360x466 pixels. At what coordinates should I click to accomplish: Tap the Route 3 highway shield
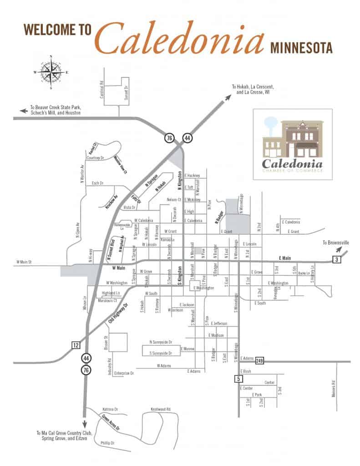coord(336,260)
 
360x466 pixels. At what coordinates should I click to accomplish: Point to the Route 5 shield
coord(238,378)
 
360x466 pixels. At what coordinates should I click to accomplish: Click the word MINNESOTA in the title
coord(301,47)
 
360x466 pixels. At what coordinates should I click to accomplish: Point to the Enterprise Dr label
coord(124,373)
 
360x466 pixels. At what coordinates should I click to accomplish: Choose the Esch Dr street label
coord(98,183)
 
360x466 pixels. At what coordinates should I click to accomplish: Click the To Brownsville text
coord(336,243)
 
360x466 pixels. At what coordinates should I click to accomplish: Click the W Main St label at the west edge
coord(25,262)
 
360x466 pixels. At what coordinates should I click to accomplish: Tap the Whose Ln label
coord(84,304)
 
